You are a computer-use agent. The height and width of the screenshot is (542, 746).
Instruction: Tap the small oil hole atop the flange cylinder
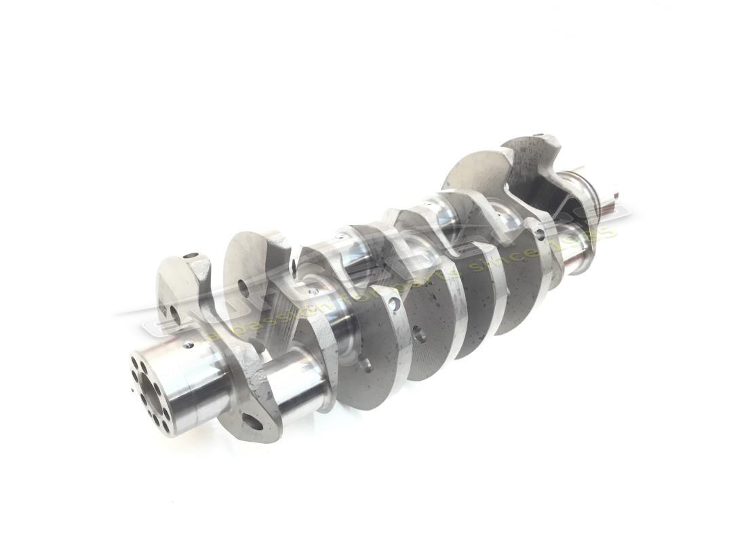point(188,345)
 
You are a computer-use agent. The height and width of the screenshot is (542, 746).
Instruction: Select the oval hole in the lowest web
point(252,422)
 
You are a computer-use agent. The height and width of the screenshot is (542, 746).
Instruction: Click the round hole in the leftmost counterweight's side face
point(175,314)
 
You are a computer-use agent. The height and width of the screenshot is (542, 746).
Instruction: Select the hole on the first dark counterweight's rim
point(394,306)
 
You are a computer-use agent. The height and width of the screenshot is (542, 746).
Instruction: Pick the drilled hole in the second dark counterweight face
point(419,333)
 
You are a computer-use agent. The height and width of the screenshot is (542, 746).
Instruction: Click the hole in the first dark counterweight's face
point(367,365)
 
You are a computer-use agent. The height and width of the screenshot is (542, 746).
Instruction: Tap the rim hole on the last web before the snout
point(540,233)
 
